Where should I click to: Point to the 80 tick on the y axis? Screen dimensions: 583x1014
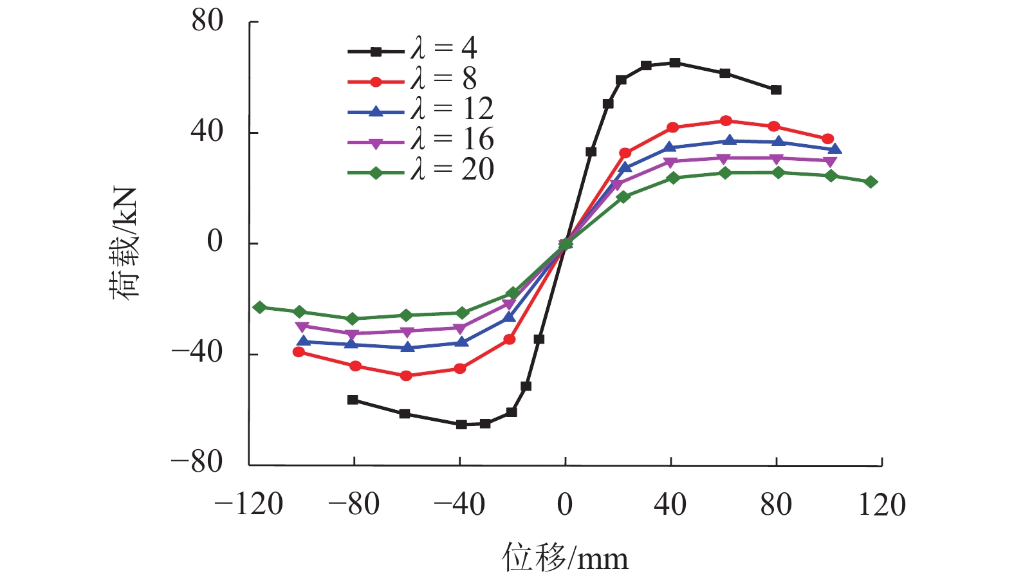coord(207,21)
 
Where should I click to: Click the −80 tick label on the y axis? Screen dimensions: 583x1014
coord(197,462)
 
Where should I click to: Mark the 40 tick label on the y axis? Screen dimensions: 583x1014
coord(207,131)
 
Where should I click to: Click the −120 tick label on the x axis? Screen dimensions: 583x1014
coord(249,504)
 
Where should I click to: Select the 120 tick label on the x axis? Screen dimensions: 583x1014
coord(882,504)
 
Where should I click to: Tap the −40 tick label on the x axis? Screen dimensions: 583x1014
coord(459,504)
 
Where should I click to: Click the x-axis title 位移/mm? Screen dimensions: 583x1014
coord(565,557)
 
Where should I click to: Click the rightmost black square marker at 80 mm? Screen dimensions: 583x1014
coord(776,90)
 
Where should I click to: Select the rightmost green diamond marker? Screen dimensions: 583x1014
coord(871,182)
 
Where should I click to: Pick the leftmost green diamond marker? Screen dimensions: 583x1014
coord(259,308)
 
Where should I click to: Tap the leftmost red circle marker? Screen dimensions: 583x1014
coord(299,352)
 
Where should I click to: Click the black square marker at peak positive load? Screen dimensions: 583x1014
coord(674,62)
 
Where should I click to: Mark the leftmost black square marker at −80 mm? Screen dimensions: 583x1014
coord(353,400)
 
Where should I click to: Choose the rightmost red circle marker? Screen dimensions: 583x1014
coord(828,139)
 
